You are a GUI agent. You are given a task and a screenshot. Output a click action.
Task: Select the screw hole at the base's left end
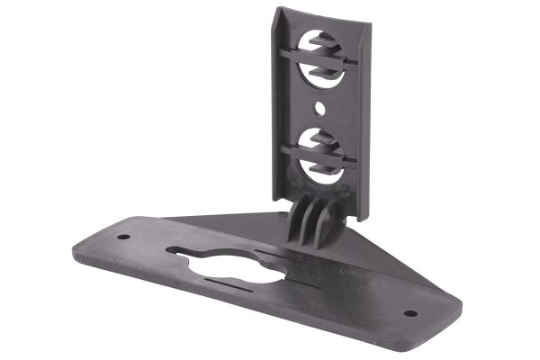tap(123, 238)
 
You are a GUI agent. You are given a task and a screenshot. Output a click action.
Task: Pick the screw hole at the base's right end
tap(411, 313)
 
